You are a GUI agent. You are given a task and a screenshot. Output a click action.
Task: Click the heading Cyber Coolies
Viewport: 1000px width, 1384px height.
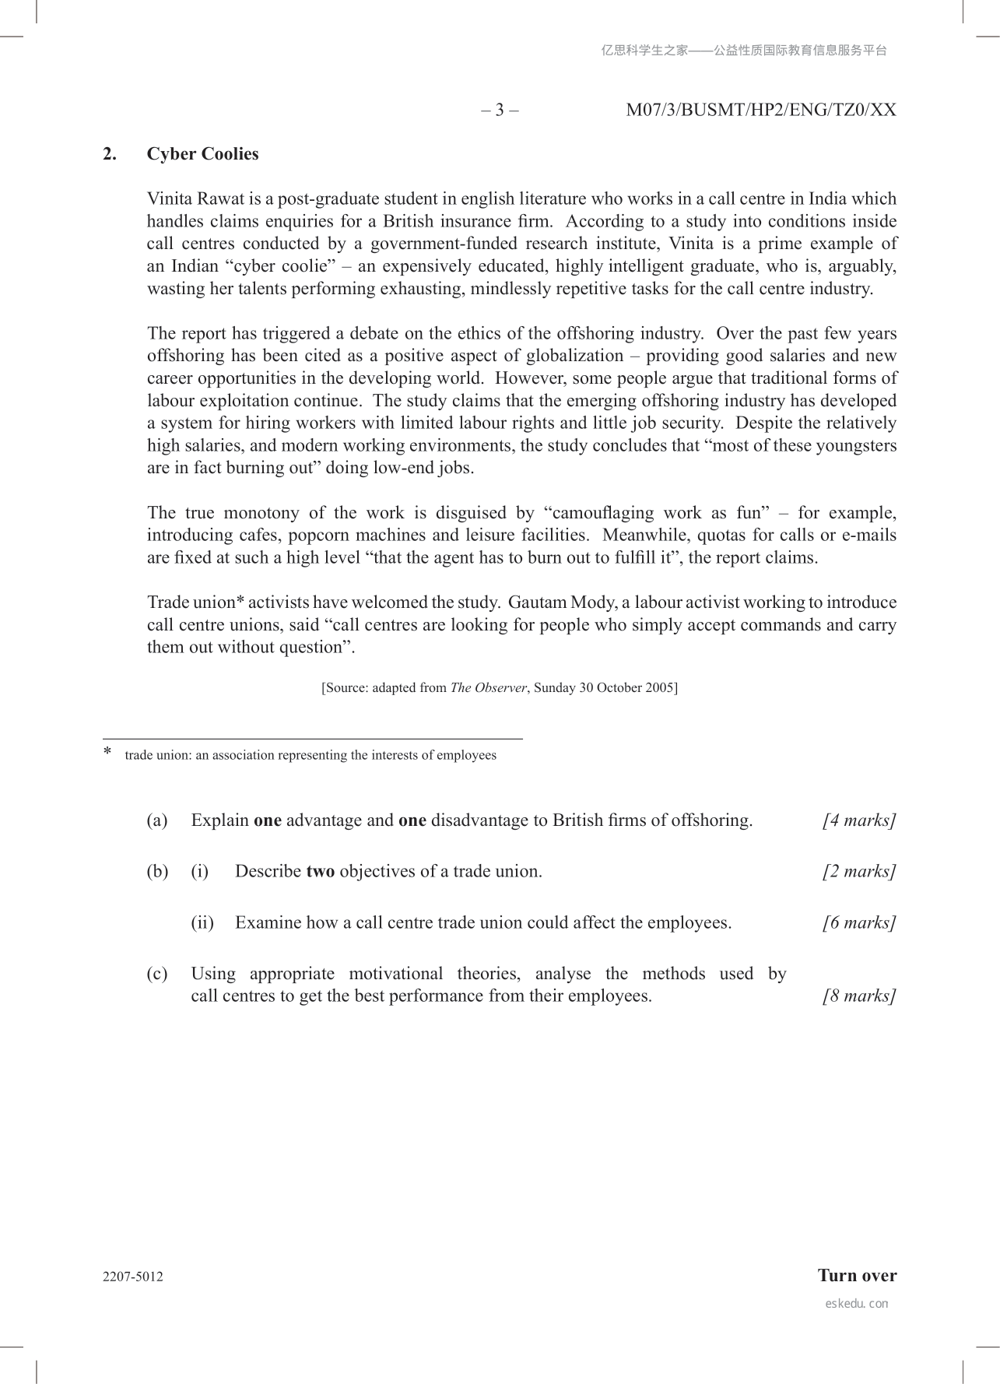pyautogui.click(x=202, y=154)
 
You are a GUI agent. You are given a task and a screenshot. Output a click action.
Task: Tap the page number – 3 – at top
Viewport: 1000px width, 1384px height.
pyautogui.click(x=500, y=110)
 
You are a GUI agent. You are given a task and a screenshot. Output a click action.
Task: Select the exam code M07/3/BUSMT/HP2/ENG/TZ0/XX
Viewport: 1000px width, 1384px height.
pyautogui.click(x=760, y=110)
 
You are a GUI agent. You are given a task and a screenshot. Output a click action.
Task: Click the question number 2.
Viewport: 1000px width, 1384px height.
pyautogui.click(x=110, y=154)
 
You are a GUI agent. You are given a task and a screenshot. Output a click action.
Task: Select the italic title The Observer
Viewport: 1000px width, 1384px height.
pyautogui.click(x=488, y=688)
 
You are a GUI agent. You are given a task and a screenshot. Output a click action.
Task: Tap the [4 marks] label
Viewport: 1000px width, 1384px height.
pyautogui.click(x=859, y=820)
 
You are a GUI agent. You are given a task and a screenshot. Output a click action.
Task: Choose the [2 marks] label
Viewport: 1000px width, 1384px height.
pyautogui.click(x=859, y=872)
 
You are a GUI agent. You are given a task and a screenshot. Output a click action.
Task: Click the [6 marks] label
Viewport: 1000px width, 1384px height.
pyautogui.click(x=859, y=923)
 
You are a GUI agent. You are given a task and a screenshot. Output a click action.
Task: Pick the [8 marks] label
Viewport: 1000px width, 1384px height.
pyautogui.click(x=859, y=996)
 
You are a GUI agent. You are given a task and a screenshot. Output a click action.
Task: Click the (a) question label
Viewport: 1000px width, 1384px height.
pyautogui.click(x=157, y=820)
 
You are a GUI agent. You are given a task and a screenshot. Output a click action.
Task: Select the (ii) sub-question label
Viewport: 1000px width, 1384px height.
pyautogui.click(x=202, y=923)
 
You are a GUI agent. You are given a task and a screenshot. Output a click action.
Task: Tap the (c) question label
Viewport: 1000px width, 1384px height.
pyautogui.click(x=157, y=974)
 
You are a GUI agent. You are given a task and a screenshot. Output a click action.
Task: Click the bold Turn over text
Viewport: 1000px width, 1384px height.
pyautogui.click(x=857, y=1276)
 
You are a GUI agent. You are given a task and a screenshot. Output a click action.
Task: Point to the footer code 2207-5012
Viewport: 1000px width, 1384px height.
pyautogui.click(x=133, y=1277)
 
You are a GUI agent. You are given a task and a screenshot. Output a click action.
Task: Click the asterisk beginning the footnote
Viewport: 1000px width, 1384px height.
pyautogui.click(x=108, y=752)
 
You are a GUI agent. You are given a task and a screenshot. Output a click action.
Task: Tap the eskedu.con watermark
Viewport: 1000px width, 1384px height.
pyautogui.click(x=856, y=1304)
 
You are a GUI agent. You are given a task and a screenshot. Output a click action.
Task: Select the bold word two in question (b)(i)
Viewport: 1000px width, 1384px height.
pyautogui.click(x=320, y=872)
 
